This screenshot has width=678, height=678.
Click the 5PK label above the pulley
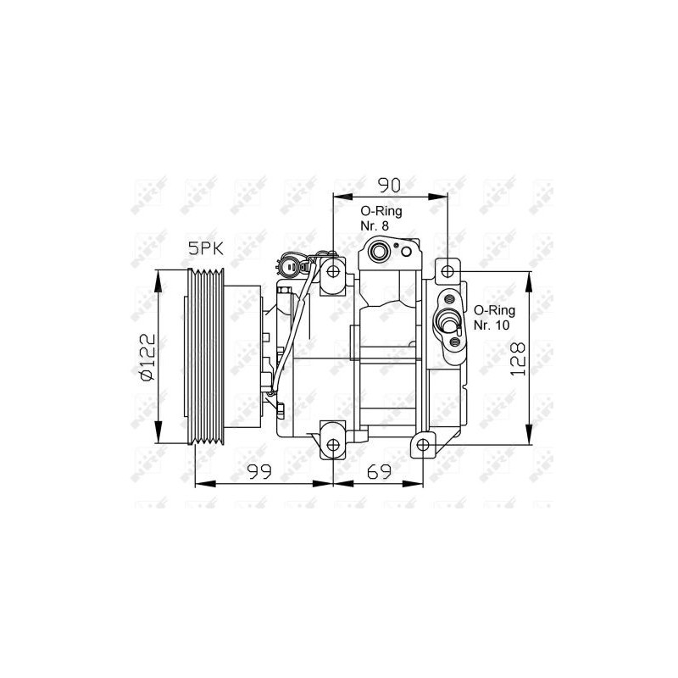[205, 248]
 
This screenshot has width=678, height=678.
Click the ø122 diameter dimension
[147, 357]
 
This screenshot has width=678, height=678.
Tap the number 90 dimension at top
[390, 185]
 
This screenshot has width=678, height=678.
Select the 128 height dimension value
[518, 358]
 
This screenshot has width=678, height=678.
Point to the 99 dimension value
[259, 471]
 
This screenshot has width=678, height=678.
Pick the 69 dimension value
[379, 471]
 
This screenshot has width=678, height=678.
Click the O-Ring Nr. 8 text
[381, 219]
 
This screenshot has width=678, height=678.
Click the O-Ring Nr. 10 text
[494, 317]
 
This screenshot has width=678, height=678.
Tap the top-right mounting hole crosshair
[448, 271]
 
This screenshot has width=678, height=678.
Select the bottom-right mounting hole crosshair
[423, 444]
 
